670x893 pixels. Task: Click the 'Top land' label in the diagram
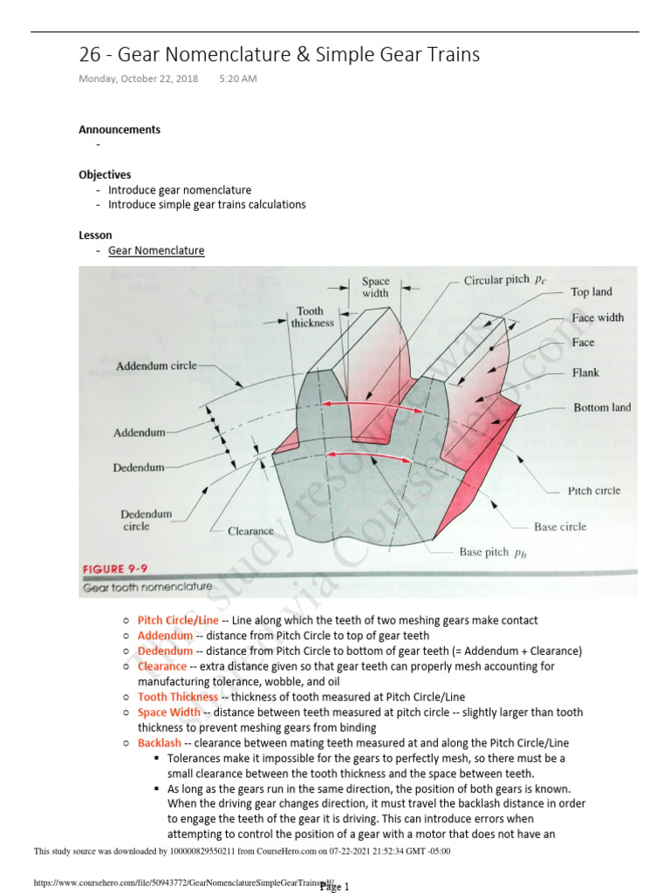tap(591, 292)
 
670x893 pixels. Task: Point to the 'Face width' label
tap(598, 317)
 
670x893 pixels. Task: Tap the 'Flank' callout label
tap(585, 373)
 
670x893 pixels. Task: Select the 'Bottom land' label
tap(602, 407)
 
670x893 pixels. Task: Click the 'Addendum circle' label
tap(157, 366)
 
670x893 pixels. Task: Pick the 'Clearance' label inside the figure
tap(250, 530)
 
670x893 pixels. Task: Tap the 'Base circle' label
tap(560, 527)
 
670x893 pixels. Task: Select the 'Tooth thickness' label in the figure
tap(312, 317)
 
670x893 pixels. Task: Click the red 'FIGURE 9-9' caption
tap(115, 569)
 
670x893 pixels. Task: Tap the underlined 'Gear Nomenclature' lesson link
tap(156, 250)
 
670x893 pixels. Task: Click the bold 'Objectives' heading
tap(105, 174)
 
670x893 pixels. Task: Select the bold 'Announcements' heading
tap(120, 129)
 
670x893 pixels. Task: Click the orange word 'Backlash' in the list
tap(160, 743)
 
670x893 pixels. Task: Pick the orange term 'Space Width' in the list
tap(169, 712)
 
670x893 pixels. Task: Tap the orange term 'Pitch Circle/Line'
tap(179, 620)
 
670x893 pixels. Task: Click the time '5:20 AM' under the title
tap(237, 78)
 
